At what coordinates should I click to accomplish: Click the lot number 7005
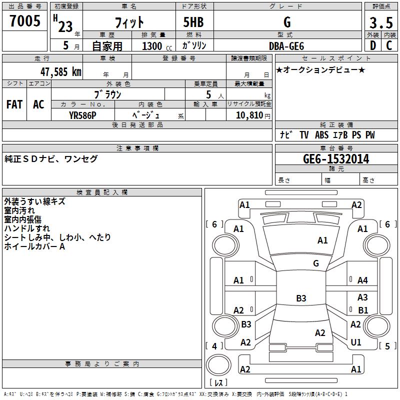click(25, 21)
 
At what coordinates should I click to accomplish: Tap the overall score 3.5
click(381, 22)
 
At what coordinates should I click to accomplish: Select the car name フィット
click(129, 22)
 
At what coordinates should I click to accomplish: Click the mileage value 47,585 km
click(61, 71)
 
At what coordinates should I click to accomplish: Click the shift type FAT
click(14, 104)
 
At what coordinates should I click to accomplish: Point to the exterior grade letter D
click(372, 45)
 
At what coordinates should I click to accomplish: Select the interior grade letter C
click(389, 45)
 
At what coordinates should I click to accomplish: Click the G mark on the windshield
click(316, 263)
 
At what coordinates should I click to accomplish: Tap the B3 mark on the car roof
click(301, 298)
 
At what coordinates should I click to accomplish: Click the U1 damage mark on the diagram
click(356, 342)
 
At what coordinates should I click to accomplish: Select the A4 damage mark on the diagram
click(362, 280)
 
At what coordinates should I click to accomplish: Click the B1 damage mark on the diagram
click(363, 310)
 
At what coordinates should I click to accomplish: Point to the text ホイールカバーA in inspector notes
click(35, 246)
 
